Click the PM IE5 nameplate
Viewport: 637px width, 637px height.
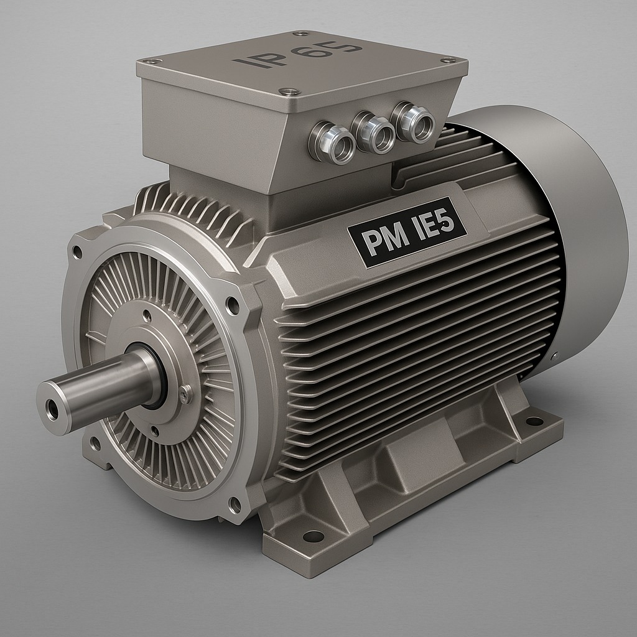pyautogui.click(x=407, y=237)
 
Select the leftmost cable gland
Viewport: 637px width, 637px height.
pyautogui.click(x=332, y=143)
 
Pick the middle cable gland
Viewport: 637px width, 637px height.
pyautogui.click(x=373, y=133)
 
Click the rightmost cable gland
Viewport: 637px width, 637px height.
pyautogui.click(x=413, y=123)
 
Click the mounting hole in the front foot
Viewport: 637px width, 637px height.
pyautogui.click(x=314, y=536)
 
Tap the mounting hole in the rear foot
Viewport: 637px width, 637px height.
pyautogui.click(x=534, y=421)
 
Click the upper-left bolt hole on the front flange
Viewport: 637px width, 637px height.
pyautogui.click(x=77, y=252)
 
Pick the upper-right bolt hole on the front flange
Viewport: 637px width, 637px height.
pyautogui.click(x=233, y=305)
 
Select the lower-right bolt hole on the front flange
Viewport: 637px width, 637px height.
pyautogui.click(x=235, y=504)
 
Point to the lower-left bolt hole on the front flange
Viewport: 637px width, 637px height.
pyautogui.click(x=95, y=444)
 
